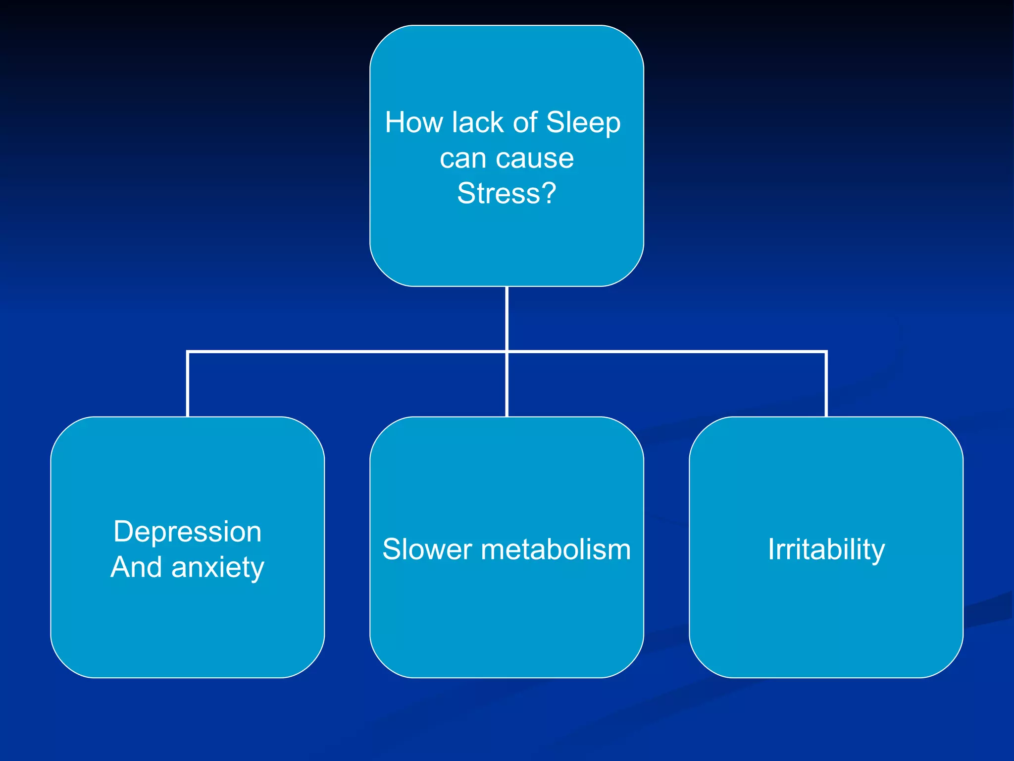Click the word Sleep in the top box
(x=583, y=123)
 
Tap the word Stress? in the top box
(x=507, y=193)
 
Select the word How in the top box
(x=413, y=122)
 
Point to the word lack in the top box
(x=470, y=122)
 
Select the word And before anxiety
(x=136, y=567)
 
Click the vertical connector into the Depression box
(x=188, y=384)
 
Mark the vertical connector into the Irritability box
(x=826, y=384)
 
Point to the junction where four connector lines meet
(x=507, y=352)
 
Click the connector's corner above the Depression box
(x=188, y=352)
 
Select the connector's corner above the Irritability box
(x=826, y=352)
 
